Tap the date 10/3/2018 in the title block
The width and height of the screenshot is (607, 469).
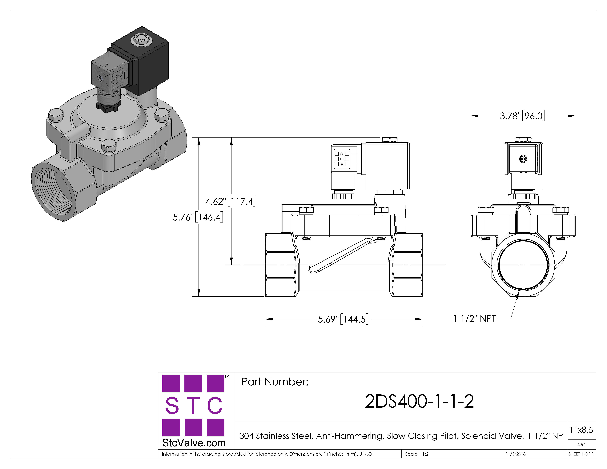[516, 454]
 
